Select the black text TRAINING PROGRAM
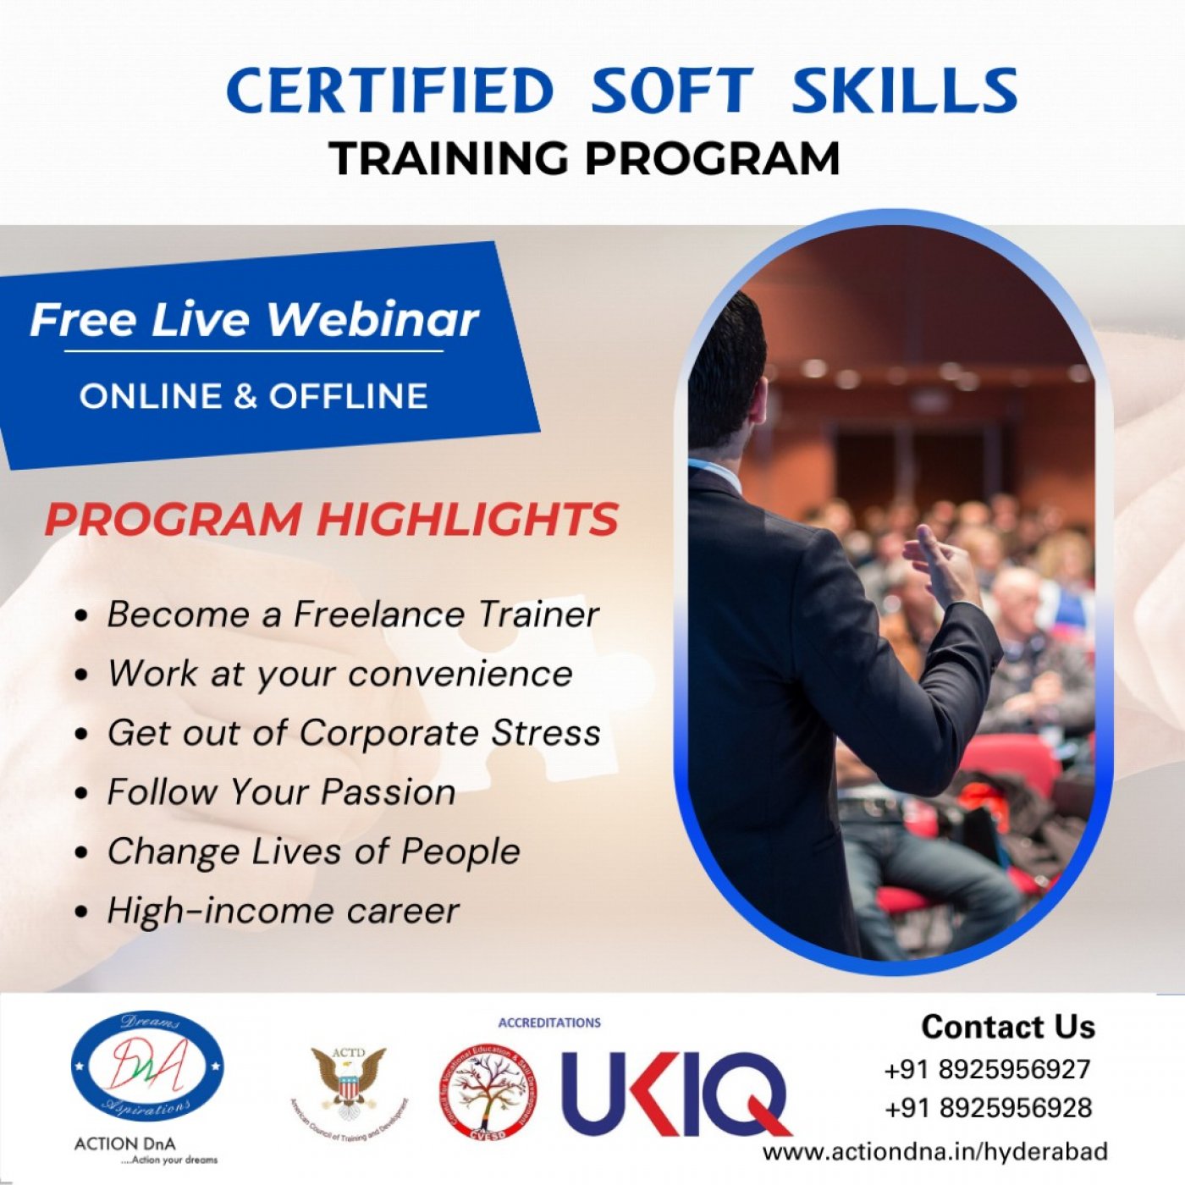tap(585, 158)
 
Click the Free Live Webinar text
tap(254, 320)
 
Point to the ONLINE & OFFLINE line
tap(254, 396)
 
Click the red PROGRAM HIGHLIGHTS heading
tap(332, 519)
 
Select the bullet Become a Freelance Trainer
tap(352, 615)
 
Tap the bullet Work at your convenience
tap(339, 674)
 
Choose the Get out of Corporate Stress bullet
tap(353, 733)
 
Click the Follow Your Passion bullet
tap(281, 792)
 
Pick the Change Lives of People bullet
tap(313, 852)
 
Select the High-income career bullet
tap(283, 911)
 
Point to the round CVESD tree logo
tap(488, 1092)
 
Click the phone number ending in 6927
tap(987, 1069)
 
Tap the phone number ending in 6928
tap(987, 1107)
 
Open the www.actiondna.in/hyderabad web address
tap(934, 1151)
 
